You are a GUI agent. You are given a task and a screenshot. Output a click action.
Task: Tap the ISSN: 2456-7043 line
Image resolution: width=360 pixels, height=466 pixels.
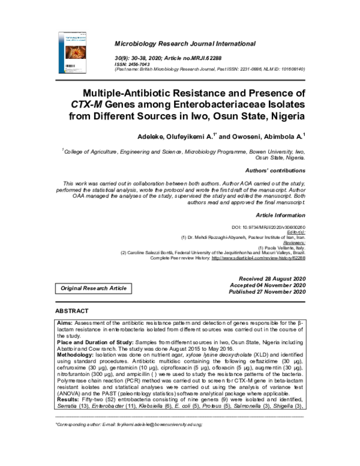tap(137, 64)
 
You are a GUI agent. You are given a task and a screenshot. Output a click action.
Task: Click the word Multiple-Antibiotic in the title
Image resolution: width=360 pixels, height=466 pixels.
tap(133, 93)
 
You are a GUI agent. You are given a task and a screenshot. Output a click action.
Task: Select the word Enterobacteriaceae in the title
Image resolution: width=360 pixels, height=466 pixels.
tap(203, 104)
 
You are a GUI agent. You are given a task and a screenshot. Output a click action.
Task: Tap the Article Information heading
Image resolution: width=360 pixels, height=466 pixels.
tap(281, 214)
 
